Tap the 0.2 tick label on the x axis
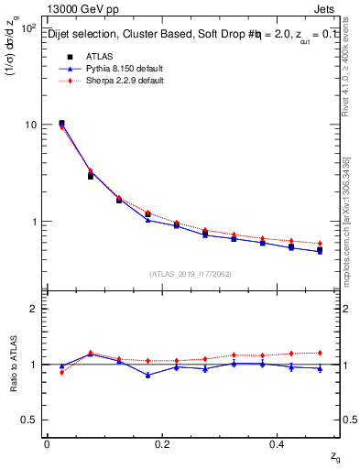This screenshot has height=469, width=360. pos(163,444)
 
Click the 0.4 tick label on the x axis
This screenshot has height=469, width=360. pos(279,444)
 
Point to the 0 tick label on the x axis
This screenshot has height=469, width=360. pos(47,444)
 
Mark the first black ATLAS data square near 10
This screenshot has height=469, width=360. pos(61,123)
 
